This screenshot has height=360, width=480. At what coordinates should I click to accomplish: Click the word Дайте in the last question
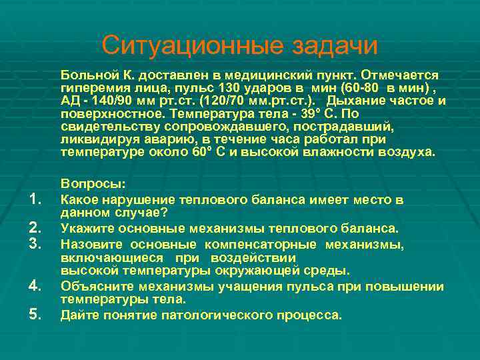tap(79, 315)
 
